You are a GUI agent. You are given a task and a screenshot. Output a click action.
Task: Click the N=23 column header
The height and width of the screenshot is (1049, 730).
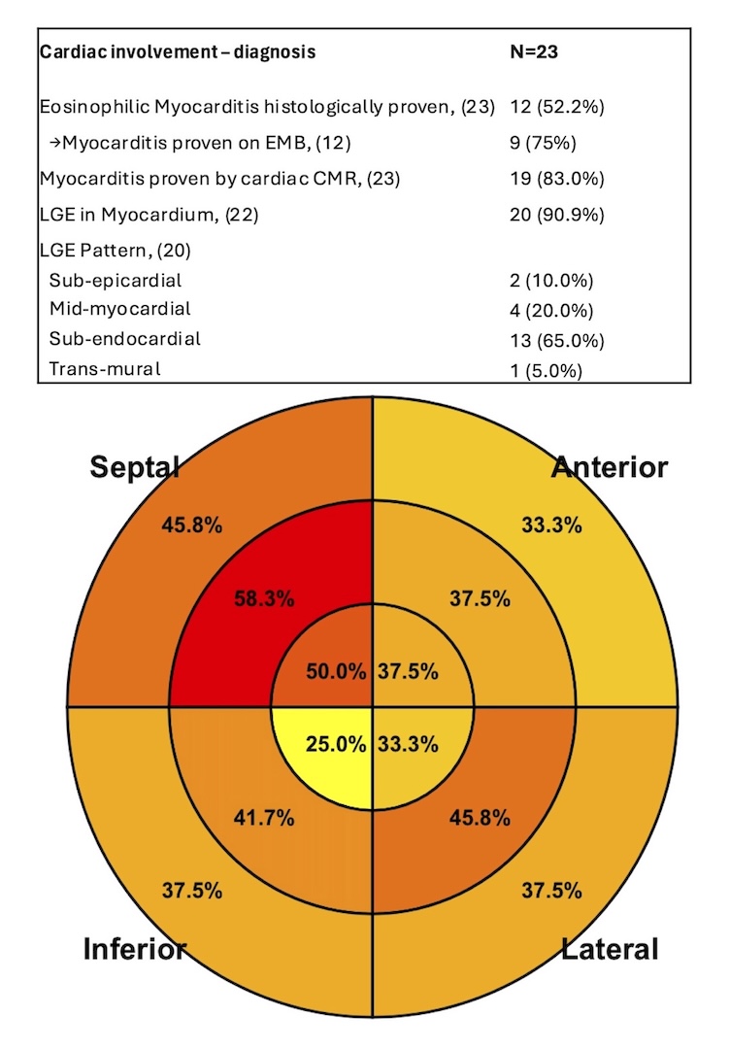coord(534,51)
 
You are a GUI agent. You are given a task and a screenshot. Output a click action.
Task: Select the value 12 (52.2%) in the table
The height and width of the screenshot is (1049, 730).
coord(557,107)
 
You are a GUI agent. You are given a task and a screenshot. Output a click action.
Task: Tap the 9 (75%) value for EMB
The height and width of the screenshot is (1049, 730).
coord(543,143)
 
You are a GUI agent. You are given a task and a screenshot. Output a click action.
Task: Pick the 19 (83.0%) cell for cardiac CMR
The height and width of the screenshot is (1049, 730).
coord(557,179)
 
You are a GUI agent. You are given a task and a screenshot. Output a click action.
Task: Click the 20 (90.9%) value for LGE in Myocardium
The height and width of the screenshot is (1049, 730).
coord(557,215)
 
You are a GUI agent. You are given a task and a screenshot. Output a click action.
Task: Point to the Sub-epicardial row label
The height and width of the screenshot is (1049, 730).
coord(115,281)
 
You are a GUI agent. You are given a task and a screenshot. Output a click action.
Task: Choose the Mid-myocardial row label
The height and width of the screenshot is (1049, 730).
coord(119,309)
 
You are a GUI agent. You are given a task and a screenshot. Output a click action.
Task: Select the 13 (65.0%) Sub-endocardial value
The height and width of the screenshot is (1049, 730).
coord(557,341)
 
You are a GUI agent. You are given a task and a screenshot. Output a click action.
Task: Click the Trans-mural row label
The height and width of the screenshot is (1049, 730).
coord(104,369)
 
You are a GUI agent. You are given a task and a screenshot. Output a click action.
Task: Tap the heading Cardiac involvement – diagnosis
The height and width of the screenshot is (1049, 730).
coord(178,51)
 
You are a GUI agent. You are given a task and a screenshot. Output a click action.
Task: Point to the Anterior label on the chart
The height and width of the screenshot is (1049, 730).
coord(610,467)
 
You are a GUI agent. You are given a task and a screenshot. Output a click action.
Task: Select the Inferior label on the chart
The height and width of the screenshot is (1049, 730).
coord(134,949)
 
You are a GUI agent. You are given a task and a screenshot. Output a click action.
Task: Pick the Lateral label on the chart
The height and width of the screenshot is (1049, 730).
coord(610,949)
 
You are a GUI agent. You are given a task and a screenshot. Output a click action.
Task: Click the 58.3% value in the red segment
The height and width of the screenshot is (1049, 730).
coord(264,598)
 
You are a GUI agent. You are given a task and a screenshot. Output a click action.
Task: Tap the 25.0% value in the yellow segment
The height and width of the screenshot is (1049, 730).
coord(336,744)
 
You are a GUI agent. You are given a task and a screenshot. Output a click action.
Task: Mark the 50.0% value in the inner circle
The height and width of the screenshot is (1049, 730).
coord(336,671)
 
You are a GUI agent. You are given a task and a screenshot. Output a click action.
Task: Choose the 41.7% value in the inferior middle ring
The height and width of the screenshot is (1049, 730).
coord(264,818)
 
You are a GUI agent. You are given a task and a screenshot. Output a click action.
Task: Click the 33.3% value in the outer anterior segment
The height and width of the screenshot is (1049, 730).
coord(551,525)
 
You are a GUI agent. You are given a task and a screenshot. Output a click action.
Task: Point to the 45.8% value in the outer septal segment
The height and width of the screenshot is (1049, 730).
coord(192,525)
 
